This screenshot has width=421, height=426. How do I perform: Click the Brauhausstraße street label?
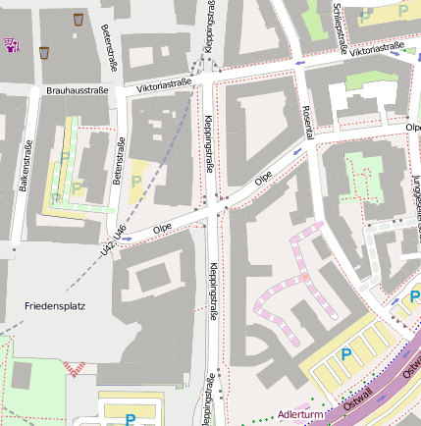click(x=77, y=90)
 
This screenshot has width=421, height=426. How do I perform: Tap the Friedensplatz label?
click(x=55, y=305)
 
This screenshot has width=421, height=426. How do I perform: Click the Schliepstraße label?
click(x=340, y=25)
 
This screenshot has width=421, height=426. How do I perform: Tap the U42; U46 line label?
click(x=113, y=240)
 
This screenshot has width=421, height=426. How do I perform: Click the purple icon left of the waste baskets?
click(x=13, y=44)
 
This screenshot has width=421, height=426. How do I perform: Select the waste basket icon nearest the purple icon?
click(x=44, y=51)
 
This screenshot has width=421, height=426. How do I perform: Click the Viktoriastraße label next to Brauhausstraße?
click(x=164, y=85)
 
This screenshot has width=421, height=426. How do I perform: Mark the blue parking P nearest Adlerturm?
click(x=344, y=354)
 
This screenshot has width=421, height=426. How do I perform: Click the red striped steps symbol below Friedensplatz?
click(x=76, y=366)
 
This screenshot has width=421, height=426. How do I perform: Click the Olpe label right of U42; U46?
click(x=163, y=227)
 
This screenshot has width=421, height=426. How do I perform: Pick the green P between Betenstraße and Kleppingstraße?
click(x=136, y=181)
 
